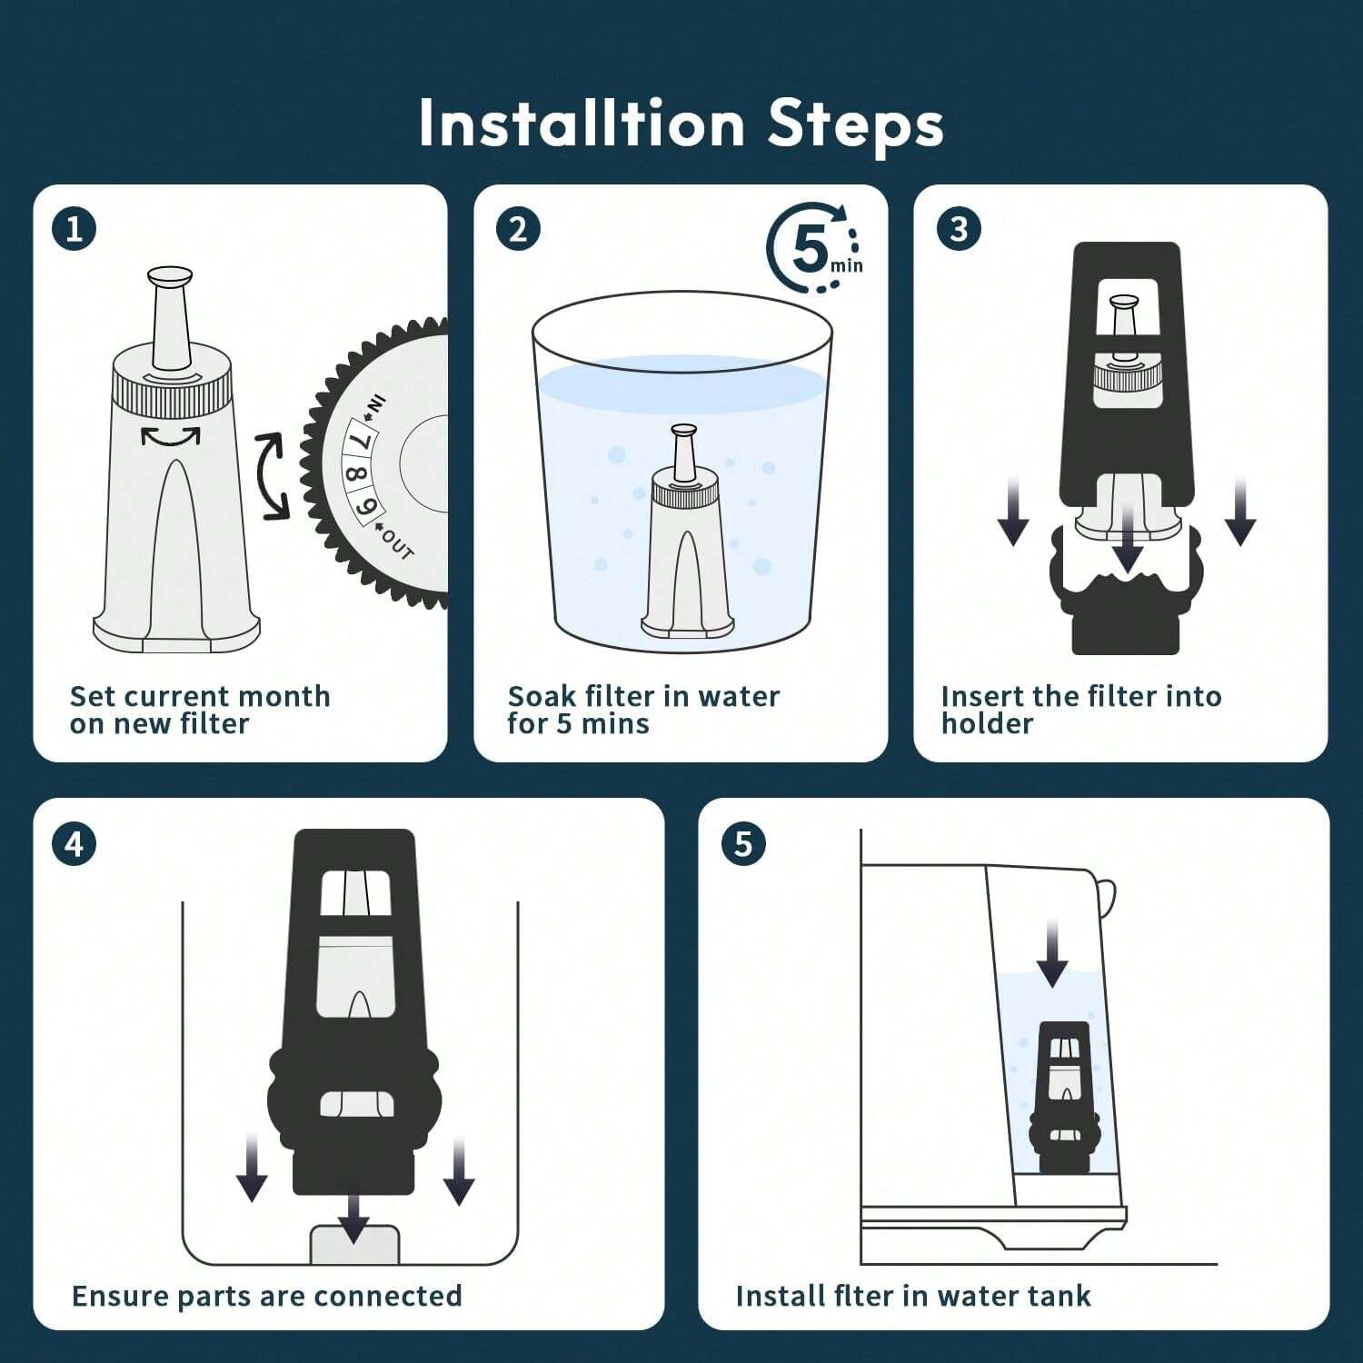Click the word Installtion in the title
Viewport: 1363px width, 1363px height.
582,124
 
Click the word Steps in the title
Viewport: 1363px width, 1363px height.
855,124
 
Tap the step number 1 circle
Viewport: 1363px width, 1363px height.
74,229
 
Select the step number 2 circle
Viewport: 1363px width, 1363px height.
518,229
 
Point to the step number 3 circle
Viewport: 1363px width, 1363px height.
959,229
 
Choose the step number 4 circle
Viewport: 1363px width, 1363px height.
74,844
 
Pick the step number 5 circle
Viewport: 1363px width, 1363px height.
743,844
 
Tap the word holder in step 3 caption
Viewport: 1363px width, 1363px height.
987,724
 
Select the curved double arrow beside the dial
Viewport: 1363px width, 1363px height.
272,476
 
